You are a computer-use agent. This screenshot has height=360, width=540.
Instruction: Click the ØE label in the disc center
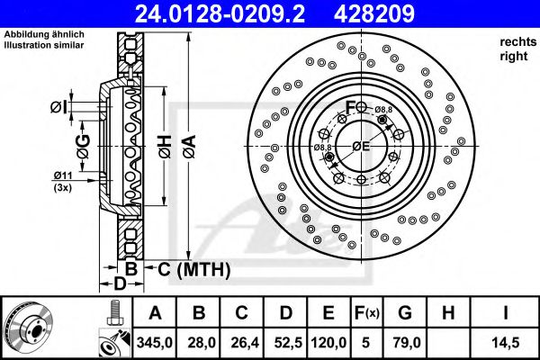coord(361,146)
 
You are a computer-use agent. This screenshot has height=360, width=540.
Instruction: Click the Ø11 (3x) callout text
coord(64,181)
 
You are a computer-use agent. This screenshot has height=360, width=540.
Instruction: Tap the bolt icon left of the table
coord(113,313)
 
